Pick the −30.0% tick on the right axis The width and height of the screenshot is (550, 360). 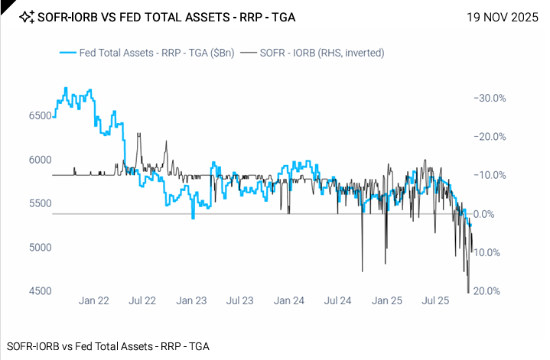click(490, 99)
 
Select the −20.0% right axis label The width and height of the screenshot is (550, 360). click(490, 137)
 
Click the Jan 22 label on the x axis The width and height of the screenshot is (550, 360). click(93, 302)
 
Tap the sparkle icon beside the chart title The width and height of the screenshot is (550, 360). click(26, 16)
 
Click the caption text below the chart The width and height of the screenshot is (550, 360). click(107, 345)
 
